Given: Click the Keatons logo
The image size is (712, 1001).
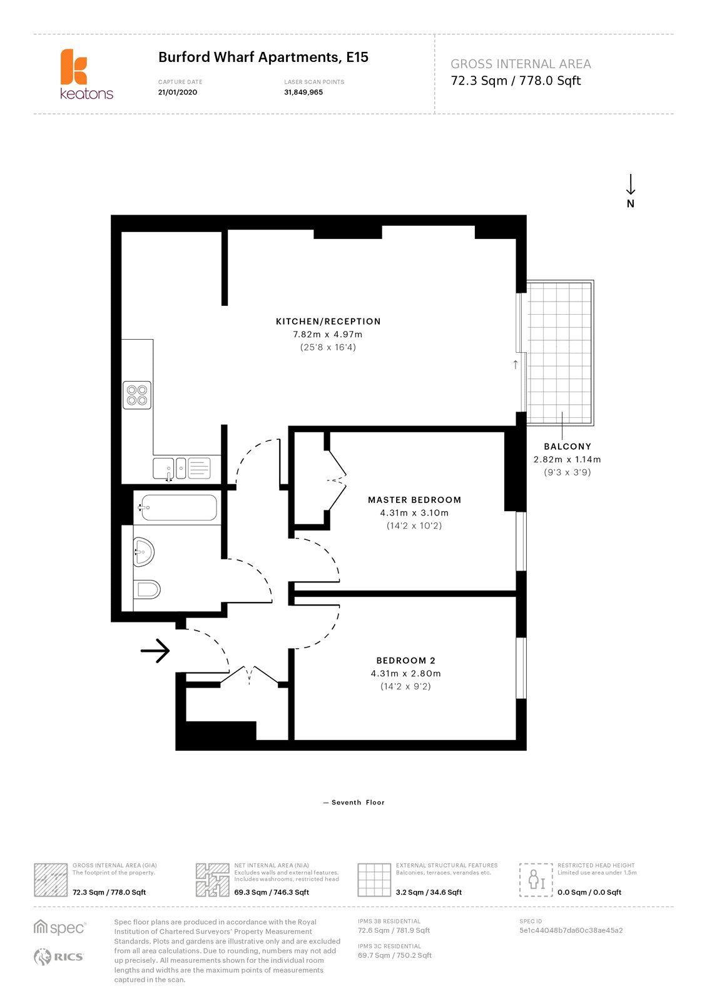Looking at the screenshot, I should (x=86, y=74).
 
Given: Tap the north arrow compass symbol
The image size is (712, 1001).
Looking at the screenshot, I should (x=631, y=190).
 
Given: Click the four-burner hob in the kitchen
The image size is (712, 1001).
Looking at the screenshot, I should (x=137, y=395).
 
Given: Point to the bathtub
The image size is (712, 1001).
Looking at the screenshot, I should (x=177, y=507).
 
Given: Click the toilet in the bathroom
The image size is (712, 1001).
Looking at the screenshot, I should (x=147, y=589).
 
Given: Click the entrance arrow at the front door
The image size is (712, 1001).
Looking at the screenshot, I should (x=155, y=651).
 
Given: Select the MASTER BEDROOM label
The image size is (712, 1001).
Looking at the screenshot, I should (x=414, y=500).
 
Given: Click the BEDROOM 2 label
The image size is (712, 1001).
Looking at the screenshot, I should (x=405, y=661).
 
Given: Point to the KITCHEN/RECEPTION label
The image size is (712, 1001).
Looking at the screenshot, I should (x=328, y=322).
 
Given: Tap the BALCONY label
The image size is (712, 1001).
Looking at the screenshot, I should (x=567, y=447).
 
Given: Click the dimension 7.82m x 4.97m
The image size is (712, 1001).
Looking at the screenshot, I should (x=328, y=334).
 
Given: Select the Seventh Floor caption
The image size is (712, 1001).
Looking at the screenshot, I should (x=354, y=802).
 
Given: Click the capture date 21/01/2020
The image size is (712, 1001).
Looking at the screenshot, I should (x=178, y=93).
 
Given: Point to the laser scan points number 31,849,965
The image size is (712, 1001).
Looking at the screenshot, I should (x=303, y=93).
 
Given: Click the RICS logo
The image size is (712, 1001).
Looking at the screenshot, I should (x=58, y=956).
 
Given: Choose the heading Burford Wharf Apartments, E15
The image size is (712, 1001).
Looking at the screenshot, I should (x=263, y=58).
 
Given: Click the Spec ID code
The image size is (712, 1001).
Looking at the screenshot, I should (x=571, y=930).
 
